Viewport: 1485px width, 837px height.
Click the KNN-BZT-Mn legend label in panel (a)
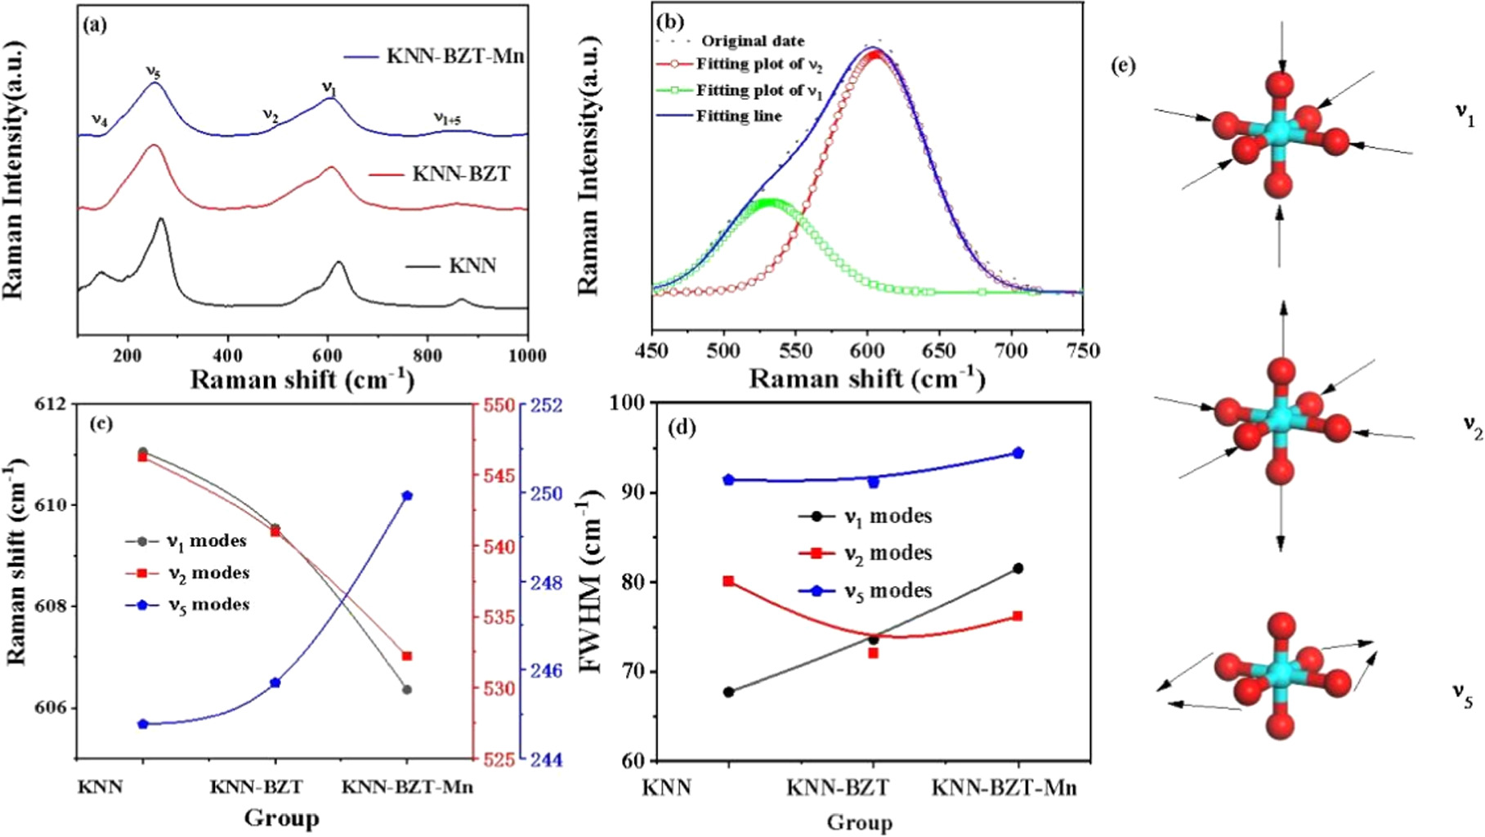454,56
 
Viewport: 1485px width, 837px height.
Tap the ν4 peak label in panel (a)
100,120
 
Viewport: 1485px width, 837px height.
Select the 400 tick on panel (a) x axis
228,355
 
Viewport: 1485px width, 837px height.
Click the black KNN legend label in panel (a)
472,266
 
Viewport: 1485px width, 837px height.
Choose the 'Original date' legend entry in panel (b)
752,41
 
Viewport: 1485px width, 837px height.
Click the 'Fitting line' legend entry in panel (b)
738,116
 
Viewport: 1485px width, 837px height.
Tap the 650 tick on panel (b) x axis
939,351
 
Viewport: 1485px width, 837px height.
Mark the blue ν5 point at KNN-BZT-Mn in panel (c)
407,495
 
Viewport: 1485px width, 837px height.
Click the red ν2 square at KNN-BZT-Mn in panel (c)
407,656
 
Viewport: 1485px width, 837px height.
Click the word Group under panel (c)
281,818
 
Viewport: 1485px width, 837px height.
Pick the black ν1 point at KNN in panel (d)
728,692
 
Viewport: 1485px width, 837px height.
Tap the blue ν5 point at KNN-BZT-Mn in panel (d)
1018,453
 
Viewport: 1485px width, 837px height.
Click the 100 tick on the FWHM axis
628,402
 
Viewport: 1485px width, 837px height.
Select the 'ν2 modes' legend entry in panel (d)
887,553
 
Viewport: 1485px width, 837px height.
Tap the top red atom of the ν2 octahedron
1281,371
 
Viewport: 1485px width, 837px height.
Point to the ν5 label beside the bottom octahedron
1462,694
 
